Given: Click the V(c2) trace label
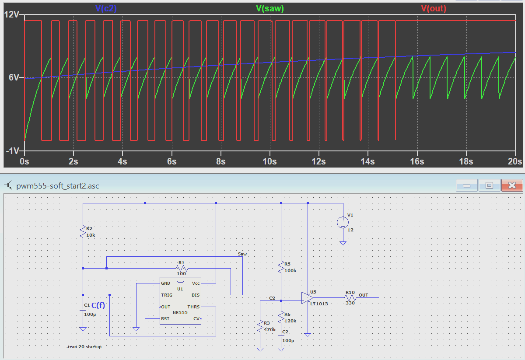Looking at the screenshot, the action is pos(106,8).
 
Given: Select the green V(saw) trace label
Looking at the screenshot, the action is pos(270,8).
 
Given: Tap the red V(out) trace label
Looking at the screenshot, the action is pos(434,8).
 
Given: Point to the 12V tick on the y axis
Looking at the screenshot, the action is pos(11,14).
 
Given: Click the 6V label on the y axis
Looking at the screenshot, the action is pos(14,77).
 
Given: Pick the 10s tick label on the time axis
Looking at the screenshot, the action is pos(269,161).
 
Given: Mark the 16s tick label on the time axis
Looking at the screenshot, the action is pos(417,161).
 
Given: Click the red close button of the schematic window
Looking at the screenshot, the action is pos(512,185).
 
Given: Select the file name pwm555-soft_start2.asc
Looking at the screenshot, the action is pos(58,186).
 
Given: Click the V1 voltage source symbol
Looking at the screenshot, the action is pos(343,222).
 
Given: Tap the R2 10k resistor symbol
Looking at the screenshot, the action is pos(83,232).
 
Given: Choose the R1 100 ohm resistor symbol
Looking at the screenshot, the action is pos(182,268).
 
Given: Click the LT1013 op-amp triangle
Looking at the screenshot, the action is pos(307,297).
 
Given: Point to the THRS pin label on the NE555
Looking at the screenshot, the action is pos(193,307).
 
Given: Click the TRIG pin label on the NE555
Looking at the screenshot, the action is pos(167,295).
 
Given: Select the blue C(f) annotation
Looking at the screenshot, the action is pos(98,305).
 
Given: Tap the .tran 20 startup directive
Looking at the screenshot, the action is pos(84,346).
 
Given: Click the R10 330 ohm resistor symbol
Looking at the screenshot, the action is pos(350,297).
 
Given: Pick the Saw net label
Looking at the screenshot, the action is pos(242,254).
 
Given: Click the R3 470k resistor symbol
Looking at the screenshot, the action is pos(260,326).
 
